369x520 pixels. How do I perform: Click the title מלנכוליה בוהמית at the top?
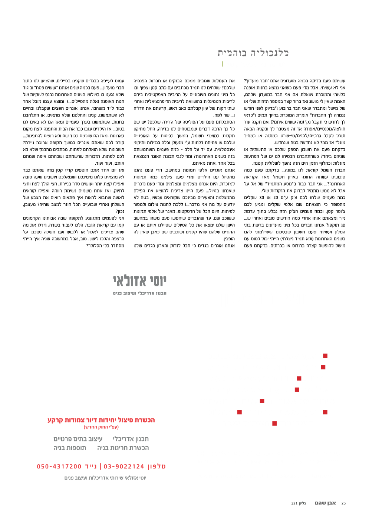pos(253,53)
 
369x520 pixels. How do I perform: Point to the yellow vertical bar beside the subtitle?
pos(223,64)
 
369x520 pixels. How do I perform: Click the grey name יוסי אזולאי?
pos(140,281)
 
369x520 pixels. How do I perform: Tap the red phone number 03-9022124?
pos(124,467)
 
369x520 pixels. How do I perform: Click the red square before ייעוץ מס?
pos(325,356)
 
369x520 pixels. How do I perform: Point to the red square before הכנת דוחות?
pos(323,367)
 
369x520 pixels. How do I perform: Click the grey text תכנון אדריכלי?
pos(131,439)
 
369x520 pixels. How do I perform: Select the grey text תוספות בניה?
pos(70,448)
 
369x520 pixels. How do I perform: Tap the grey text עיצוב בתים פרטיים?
pos(78,439)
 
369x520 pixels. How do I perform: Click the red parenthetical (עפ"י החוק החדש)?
pos(101,427)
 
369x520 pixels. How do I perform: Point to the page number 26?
pos(343,503)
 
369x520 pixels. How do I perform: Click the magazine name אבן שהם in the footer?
pos(325,503)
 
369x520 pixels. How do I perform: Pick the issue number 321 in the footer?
pos(294,503)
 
